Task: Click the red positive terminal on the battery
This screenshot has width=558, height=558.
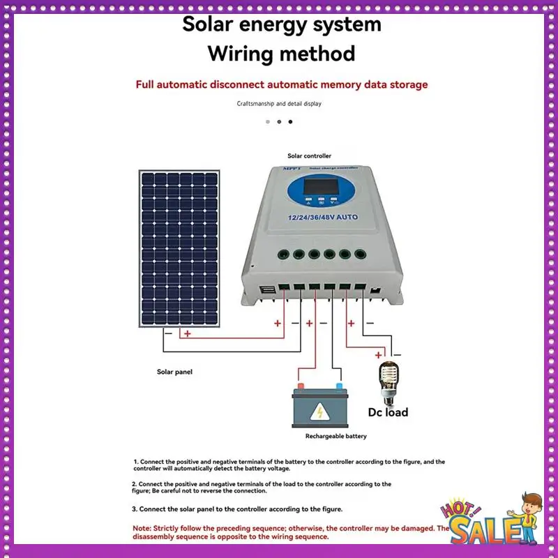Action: pos(301,386)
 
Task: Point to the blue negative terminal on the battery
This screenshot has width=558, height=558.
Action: pos(340,386)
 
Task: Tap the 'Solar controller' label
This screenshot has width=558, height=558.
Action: pos(309,156)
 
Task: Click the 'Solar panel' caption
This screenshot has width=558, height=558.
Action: pos(174,372)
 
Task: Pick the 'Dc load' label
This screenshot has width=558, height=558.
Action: pos(388,412)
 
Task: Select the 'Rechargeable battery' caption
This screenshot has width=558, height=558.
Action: pos(335,436)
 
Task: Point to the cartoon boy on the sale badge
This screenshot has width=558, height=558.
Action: pos(527,513)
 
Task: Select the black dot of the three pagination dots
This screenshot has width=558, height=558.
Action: pos(291,121)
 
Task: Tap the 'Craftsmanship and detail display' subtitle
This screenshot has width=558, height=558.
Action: pos(279,103)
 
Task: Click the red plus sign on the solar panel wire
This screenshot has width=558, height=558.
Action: pos(187,333)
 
